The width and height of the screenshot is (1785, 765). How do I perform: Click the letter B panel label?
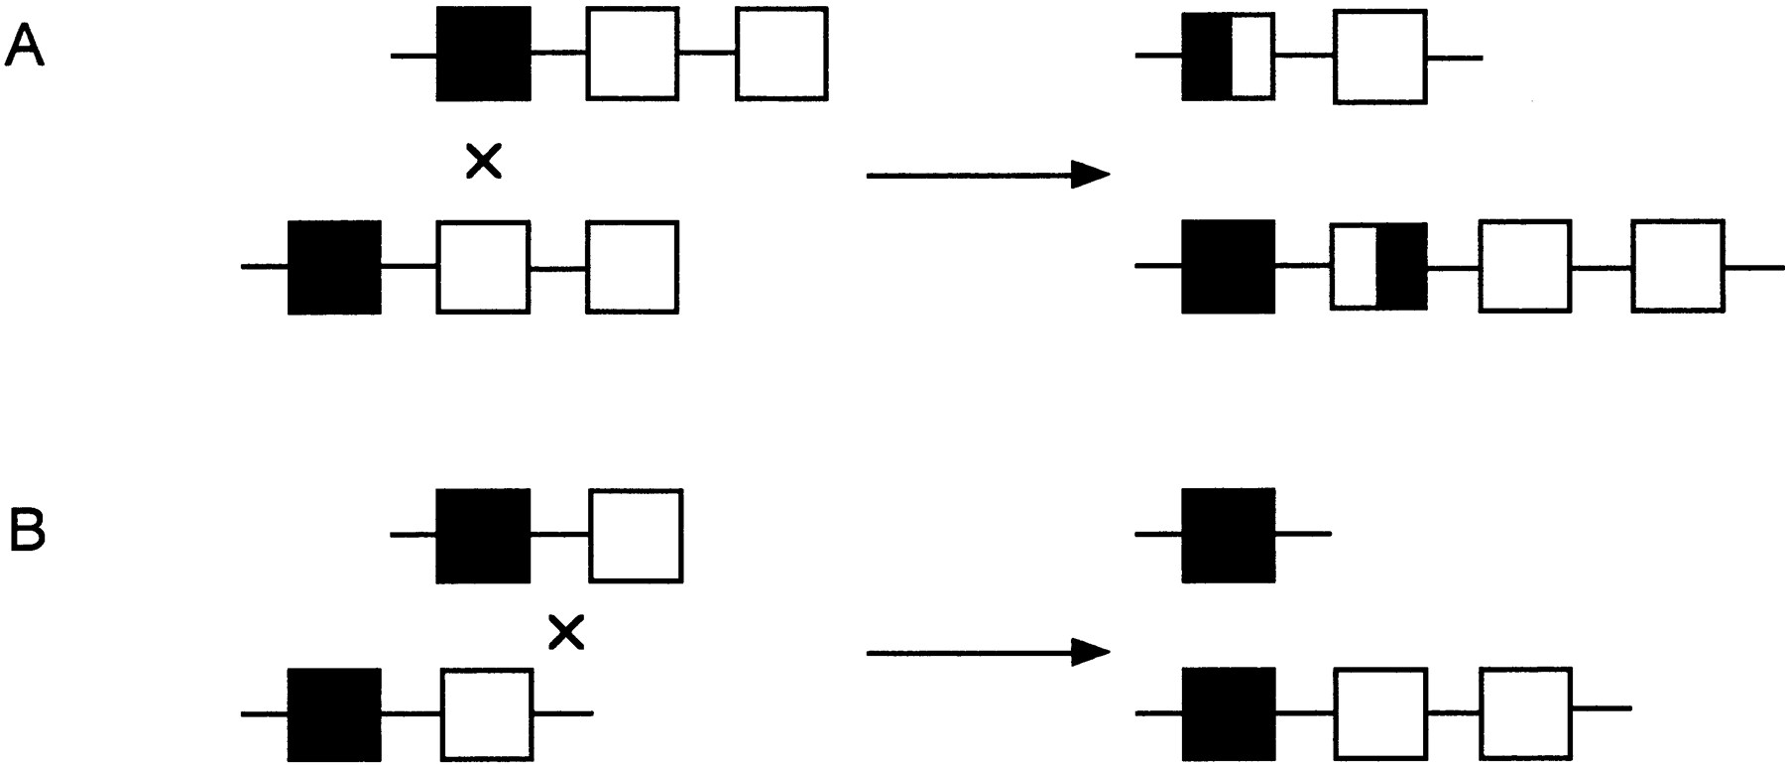[x=27, y=533]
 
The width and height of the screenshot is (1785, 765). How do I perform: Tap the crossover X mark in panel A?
[x=484, y=161]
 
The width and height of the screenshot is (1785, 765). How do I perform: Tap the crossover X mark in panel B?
[x=566, y=632]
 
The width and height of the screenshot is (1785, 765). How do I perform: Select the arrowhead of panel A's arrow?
[x=1091, y=176]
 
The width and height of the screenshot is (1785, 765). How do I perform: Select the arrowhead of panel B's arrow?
[x=1091, y=652]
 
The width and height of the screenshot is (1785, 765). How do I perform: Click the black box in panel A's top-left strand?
[x=484, y=54]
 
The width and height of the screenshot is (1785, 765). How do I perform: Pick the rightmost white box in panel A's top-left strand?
[x=781, y=54]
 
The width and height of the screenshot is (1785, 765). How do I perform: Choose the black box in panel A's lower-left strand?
[x=334, y=267]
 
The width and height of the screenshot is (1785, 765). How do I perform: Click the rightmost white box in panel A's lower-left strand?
[x=633, y=267]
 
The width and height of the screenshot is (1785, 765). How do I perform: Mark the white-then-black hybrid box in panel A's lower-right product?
[x=1378, y=267]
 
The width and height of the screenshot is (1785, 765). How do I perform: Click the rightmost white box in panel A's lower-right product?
[x=1677, y=267]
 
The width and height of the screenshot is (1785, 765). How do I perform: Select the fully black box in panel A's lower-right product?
[x=1229, y=267]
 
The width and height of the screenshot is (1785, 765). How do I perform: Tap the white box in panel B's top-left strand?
[x=636, y=535]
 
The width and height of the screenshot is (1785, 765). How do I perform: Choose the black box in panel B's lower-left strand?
[x=334, y=714]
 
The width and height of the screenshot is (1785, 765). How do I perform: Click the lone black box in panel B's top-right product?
[x=1229, y=535]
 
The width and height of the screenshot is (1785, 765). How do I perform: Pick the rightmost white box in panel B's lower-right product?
[x=1526, y=714]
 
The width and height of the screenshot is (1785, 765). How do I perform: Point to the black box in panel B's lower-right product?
[x=1229, y=714]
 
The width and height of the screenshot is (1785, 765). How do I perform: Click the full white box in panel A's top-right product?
[x=1380, y=56]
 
